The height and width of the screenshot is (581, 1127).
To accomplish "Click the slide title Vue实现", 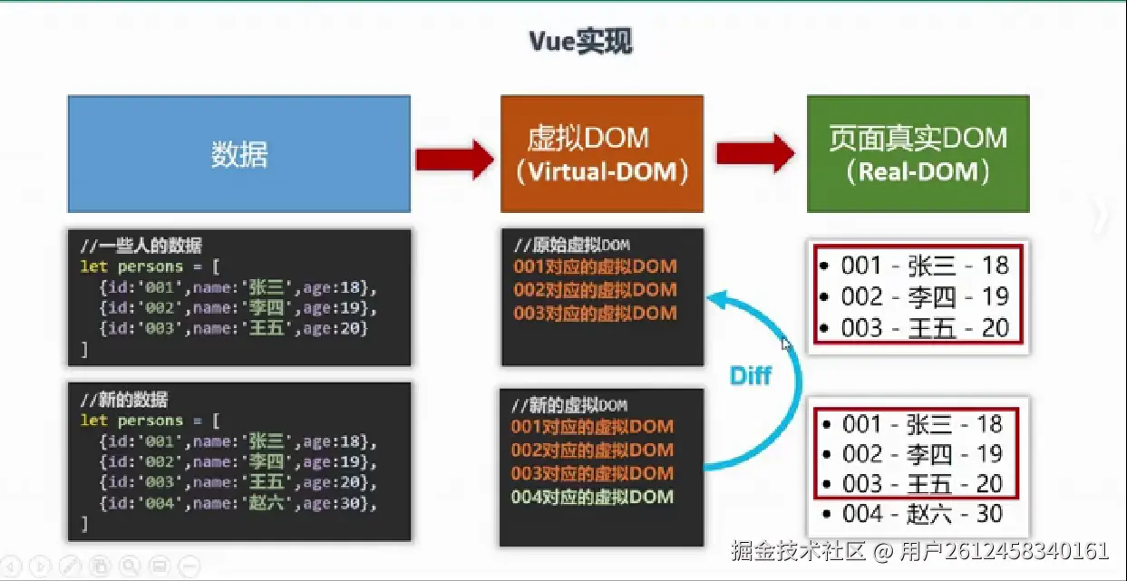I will [580, 43].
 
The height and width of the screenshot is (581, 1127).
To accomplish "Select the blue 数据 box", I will [239, 154].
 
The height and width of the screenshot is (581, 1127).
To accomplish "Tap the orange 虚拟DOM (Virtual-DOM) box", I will [601, 154].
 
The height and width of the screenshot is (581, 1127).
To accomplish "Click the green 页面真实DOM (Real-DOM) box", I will [918, 154].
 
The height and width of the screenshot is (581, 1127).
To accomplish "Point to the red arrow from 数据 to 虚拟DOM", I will [453, 159].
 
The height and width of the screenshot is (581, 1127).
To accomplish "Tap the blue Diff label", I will [751, 374].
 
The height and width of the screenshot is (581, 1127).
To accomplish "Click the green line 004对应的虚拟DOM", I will [593, 497].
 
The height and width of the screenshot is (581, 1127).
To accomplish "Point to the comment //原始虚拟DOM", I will [571, 246].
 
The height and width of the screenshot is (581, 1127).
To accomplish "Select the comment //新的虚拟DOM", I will [569, 405].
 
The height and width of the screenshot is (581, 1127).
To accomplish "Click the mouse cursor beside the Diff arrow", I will [786, 344].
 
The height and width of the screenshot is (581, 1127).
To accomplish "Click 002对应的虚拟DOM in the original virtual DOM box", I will [595, 290].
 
